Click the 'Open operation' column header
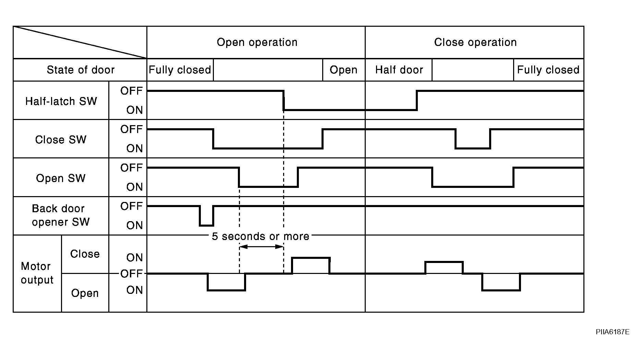257,43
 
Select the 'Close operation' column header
475,43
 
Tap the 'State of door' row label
81,70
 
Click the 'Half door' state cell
399,70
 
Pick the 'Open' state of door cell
343,70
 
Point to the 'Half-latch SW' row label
61,101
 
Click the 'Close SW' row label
61,140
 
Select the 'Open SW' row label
61,178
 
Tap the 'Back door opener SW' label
61,215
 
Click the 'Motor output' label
37,273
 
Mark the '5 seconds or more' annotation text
261,236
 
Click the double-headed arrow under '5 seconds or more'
261,247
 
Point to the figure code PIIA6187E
613,332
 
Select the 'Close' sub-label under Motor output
85,254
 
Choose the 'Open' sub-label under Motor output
85,293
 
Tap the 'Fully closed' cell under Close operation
548,70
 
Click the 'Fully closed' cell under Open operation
180,70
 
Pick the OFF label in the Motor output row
131,274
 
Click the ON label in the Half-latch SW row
134,110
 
